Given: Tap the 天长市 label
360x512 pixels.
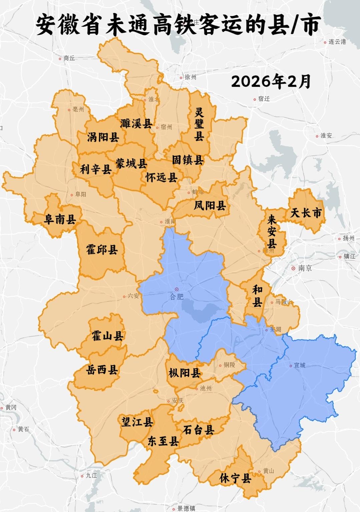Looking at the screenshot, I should (306, 213).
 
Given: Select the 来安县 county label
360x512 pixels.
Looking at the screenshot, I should (272, 231).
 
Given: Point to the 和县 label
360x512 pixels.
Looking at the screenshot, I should (257, 296).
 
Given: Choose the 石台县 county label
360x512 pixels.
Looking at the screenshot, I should (198, 430).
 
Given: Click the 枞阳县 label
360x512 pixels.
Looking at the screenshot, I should (185, 373).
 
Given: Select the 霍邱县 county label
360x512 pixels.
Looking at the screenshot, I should (102, 249).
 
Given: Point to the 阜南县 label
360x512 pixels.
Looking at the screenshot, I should (60, 219).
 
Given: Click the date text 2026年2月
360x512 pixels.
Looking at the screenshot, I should (271, 81).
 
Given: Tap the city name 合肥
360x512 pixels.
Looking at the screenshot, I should (177, 296).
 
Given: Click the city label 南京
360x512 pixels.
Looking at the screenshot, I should (305, 268).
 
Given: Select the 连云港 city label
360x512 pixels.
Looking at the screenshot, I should (337, 42).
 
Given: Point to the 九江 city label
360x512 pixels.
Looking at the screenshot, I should (91, 475).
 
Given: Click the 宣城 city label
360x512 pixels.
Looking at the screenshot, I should (299, 365).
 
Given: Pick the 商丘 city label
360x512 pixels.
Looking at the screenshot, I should (69, 58).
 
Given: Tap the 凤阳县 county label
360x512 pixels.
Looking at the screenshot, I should (210, 205).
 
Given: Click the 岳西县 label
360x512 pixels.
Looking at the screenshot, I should (102, 369).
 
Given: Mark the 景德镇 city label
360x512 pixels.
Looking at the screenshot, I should (186, 508).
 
